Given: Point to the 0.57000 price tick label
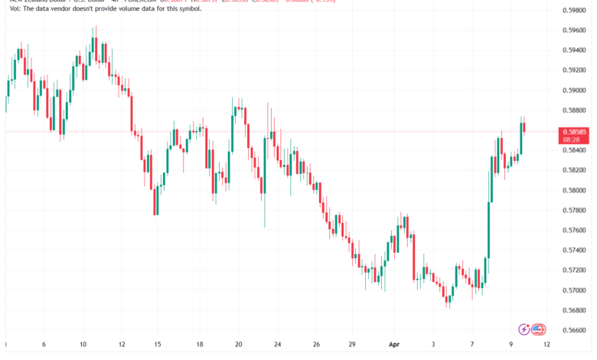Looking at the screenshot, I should (x=573, y=290).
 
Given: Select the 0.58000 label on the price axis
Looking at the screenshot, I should (x=573, y=190).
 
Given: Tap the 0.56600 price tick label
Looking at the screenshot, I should (x=573, y=330).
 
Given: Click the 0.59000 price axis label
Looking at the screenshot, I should (x=573, y=90).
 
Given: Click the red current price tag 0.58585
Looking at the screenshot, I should (x=573, y=132).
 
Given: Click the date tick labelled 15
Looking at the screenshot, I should (x=158, y=345).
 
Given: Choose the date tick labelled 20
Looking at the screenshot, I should (x=239, y=345).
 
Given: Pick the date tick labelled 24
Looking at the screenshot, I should (x=278, y=345).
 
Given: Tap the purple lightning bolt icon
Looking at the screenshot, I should (x=524, y=329).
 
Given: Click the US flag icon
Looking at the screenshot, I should (x=539, y=329).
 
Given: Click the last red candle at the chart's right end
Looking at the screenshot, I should (x=525, y=126).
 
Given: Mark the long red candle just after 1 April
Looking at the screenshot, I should (x=413, y=257).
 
